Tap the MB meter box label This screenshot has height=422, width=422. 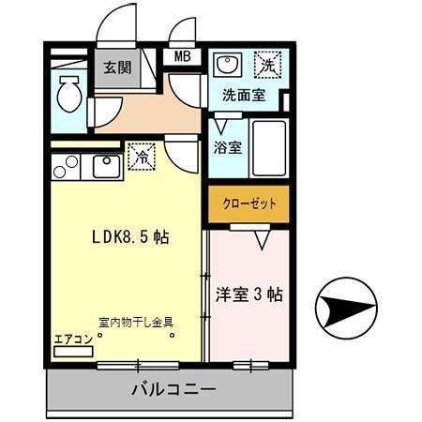tap(183, 57)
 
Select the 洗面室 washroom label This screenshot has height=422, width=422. tap(244, 95)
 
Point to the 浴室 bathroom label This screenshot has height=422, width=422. tap(228, 147)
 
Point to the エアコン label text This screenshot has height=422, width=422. tap(73, 339)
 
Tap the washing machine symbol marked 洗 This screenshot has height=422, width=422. tap(267, 66)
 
